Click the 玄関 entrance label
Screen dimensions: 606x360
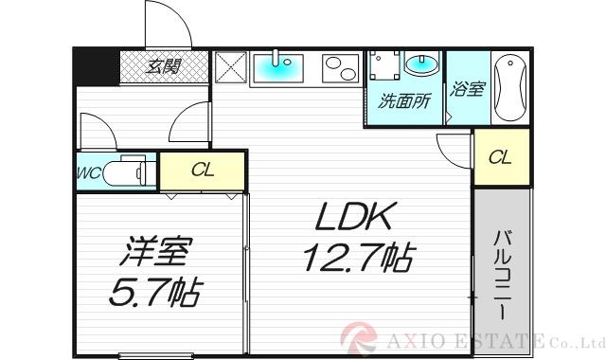click(x=164, y=67)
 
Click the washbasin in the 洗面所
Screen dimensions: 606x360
click(x=419, y=64)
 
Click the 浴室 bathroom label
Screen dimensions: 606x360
click(x=467, y=90)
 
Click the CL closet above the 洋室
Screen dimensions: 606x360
click(x=202, y=171)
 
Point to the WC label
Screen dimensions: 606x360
click(x=89, y=173)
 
